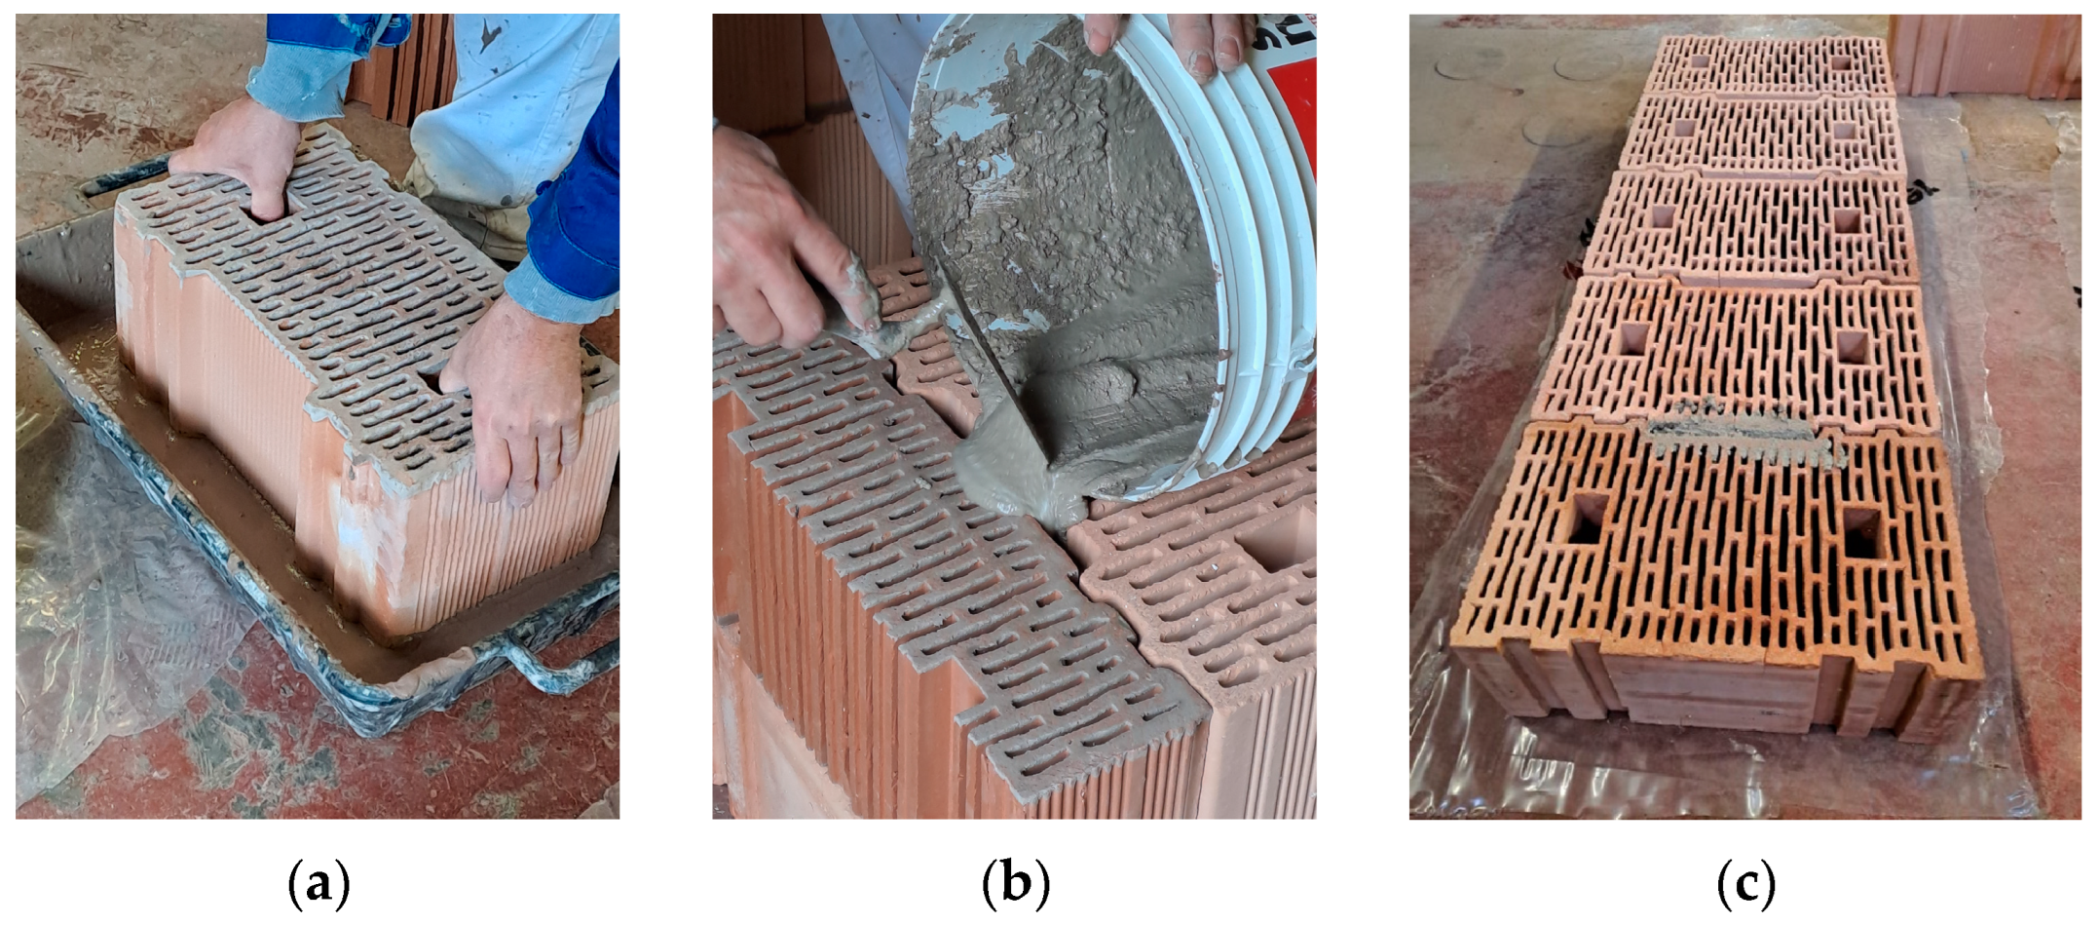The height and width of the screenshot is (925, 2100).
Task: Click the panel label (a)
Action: coord(319,883)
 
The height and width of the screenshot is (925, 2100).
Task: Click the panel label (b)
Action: coord(1014,883)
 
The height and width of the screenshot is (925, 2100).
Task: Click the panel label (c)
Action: coord(1744,883)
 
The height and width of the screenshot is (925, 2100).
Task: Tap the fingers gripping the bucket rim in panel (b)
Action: coord(1169,39)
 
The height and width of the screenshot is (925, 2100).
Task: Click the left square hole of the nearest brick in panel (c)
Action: coord(1586,517)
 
